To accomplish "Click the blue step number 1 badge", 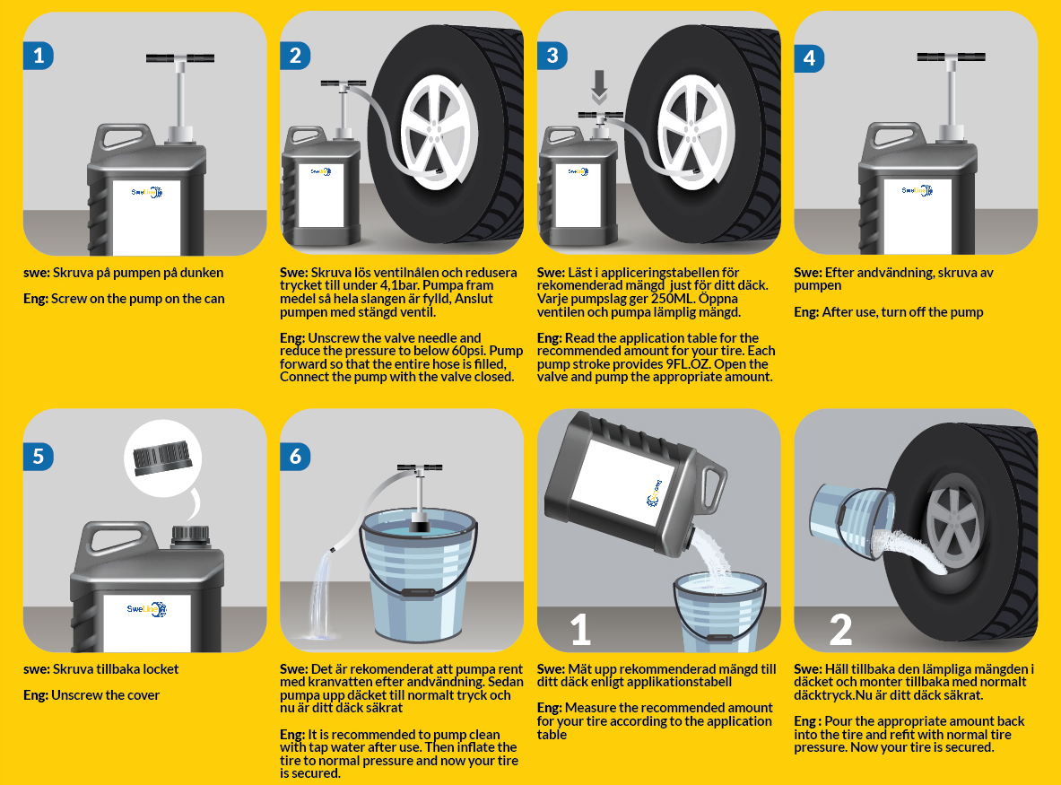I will click(x=38, y=56).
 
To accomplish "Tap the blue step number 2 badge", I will click(x=295, y=56).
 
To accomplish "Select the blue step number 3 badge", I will click(x=552, y=56).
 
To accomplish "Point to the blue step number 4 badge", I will click(x=809, y=58).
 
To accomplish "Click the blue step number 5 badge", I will click(x=38, y=456).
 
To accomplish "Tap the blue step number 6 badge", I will click(x=295, y=456).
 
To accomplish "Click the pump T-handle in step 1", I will click(x=180, y=59).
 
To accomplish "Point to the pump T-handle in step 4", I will click(x=952, y=57).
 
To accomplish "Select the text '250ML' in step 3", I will click(x=672, y=299).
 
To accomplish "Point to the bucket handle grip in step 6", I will click(x=417, y=593).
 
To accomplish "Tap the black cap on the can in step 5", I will click(x=189, y=536).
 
